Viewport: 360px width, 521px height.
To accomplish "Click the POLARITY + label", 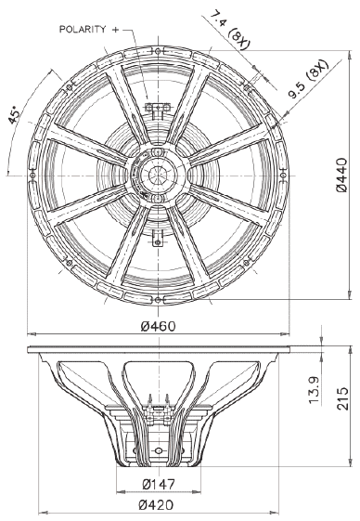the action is [x=89, y=29].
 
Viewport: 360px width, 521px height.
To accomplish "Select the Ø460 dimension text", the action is [x=158, y=326].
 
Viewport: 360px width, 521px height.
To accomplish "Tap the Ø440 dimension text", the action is [x=341, y=176].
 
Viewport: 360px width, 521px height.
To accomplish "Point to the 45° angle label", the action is [x=15, y=115].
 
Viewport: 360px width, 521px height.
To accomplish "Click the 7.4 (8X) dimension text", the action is [x=230, y=30].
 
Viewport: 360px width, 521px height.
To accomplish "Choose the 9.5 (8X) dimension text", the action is [x=308, y=80].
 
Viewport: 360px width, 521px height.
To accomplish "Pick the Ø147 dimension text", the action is [x=159, y=484].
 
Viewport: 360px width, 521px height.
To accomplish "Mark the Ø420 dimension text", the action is [x=156, y=505].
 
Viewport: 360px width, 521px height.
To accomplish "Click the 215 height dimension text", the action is [x=343, y=398].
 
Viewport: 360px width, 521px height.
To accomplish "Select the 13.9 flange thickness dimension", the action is [x=314, y=390].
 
